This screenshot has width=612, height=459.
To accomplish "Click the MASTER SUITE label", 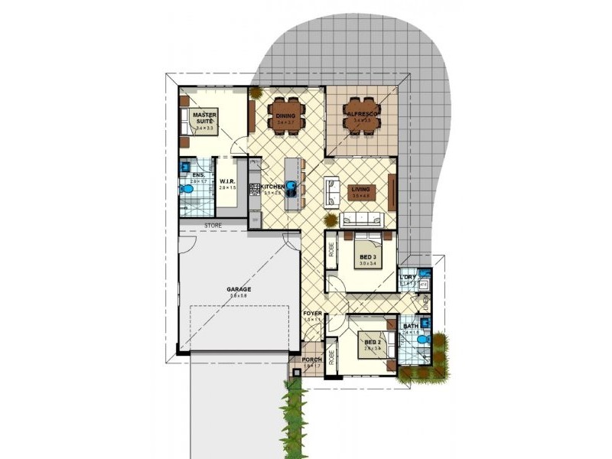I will tap(204, 118).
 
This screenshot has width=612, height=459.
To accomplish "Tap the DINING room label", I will tap(285, 116).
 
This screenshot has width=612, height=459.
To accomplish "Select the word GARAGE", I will tap(239, 289).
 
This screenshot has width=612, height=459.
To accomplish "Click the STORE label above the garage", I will tap(213, 226).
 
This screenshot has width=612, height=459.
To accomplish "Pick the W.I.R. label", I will tap(226, 181).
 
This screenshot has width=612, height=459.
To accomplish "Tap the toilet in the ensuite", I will tap(186, 188).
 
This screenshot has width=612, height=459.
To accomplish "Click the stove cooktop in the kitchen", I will tap(254, 186).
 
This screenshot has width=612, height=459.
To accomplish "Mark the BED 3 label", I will tap(367, 257).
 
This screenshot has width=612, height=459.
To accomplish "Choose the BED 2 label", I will tap(372, 342).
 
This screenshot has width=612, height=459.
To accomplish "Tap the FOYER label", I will tap(312, 314).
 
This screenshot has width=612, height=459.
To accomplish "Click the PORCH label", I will tap(311, 360).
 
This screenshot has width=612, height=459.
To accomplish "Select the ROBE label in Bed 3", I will tap(332, 249).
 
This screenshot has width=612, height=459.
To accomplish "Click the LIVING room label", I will tap(361, 189).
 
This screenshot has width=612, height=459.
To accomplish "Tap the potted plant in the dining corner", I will tap(254, 93).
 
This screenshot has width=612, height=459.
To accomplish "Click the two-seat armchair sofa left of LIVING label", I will tap(332, 192).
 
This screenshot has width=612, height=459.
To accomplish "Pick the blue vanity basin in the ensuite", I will tap(184, 166).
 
